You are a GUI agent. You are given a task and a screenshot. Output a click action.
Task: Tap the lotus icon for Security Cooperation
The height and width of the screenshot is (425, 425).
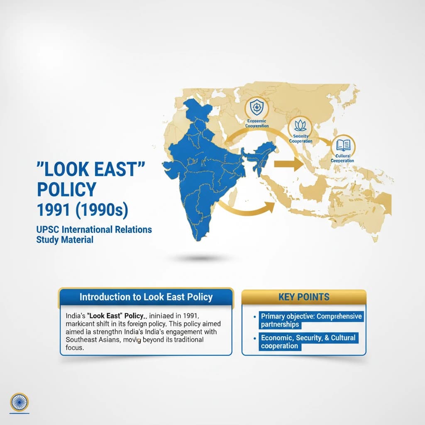tap(300, 125)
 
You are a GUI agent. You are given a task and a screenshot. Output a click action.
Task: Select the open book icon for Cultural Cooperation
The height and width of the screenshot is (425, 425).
tap(343, 145)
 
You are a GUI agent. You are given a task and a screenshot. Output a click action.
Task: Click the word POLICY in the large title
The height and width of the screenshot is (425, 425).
tap(66, 189)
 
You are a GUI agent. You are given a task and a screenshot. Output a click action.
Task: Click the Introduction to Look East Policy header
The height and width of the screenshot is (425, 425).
tap(146, 297)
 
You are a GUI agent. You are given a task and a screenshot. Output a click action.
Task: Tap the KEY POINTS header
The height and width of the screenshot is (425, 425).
tap(304, 297)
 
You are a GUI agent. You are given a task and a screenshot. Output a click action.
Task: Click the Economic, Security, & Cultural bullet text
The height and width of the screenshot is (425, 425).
tap(308, 342)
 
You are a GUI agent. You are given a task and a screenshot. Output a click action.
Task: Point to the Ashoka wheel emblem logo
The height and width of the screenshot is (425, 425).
tap(18, 401)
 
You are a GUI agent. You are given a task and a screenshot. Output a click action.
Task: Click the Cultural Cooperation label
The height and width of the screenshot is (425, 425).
tap(342, 158)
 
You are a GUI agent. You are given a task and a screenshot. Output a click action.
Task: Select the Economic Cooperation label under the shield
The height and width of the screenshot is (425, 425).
tap(257, 123)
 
